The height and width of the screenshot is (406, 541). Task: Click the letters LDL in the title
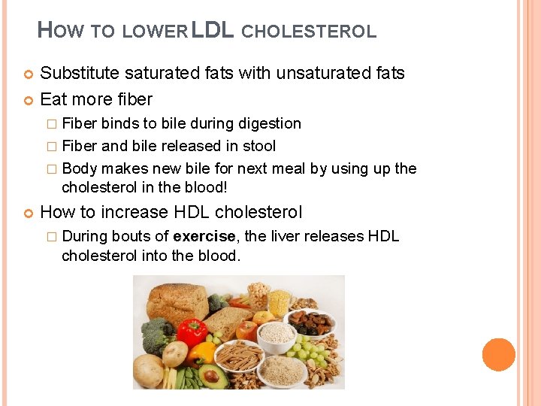pos(214,30)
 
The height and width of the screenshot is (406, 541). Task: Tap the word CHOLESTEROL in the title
pos(309,32)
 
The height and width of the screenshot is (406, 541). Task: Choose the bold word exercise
pos(205,236)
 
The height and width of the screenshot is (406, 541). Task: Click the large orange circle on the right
pos(498,354)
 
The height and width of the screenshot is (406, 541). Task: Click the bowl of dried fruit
pos(311,324)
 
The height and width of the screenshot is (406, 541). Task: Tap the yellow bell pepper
pos(202,353)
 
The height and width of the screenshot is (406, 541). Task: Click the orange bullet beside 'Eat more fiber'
pos(29,99)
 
